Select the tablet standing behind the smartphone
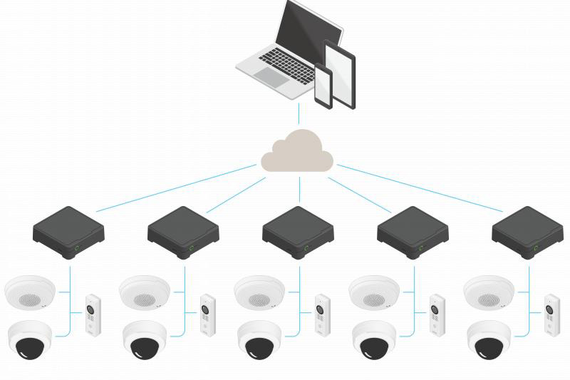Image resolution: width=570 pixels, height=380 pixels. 340,71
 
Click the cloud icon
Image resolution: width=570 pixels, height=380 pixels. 298,152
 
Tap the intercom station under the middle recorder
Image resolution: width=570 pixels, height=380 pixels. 322,314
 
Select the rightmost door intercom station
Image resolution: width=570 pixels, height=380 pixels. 551,314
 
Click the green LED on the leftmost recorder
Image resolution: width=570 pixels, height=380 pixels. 77,249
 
